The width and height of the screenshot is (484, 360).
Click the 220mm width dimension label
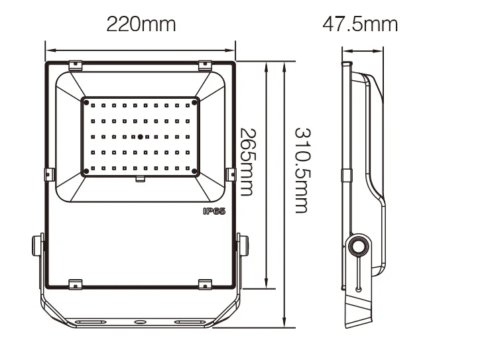point(141,25)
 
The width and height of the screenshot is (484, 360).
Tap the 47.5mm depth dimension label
point(360,25)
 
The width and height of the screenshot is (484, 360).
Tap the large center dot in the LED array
point(140,137)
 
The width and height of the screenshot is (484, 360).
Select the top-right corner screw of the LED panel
point(195,101)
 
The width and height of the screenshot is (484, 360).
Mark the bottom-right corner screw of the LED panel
point(195,172)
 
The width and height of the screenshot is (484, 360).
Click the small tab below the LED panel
point(140,179)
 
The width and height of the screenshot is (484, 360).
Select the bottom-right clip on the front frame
point(205,283)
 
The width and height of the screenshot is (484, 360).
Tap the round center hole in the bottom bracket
point(140,322)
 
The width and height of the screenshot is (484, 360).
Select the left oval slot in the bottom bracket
point(88,322)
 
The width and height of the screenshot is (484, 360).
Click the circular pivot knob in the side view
point(359,245)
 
